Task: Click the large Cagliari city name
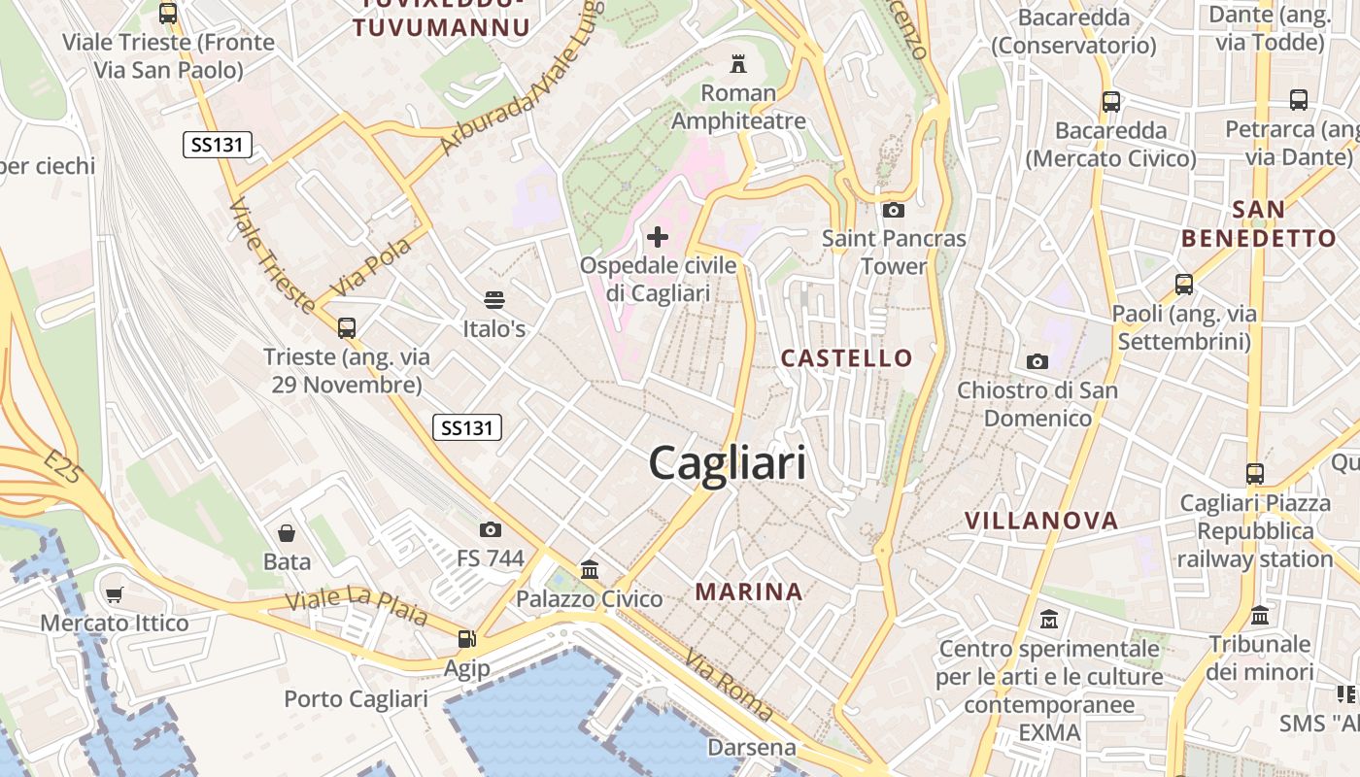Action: click(727, 463)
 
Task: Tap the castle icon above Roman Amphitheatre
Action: click(738, 64)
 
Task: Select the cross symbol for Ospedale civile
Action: click(658, 236)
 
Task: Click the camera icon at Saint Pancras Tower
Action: click(894, 210)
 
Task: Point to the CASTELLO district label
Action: click(847, 358)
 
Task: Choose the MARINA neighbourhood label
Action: click(749, 591)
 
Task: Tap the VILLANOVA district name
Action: click(1041, 521)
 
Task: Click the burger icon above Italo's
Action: click(494, 299)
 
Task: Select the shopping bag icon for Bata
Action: click(287, 533)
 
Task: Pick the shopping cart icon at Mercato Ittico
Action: click(115, 594)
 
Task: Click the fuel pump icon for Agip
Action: click(467, 639)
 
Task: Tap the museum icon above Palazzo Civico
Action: click(589, 569)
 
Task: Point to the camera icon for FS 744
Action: click(491, 529)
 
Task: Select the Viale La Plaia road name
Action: click(357, 604)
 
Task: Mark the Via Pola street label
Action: click(371, 266)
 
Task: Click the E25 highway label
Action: click(64, 467)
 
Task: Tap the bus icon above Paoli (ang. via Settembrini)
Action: click(1183, 285)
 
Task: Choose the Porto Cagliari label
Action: click(356, 699)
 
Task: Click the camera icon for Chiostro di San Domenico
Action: click(1037, 361)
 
